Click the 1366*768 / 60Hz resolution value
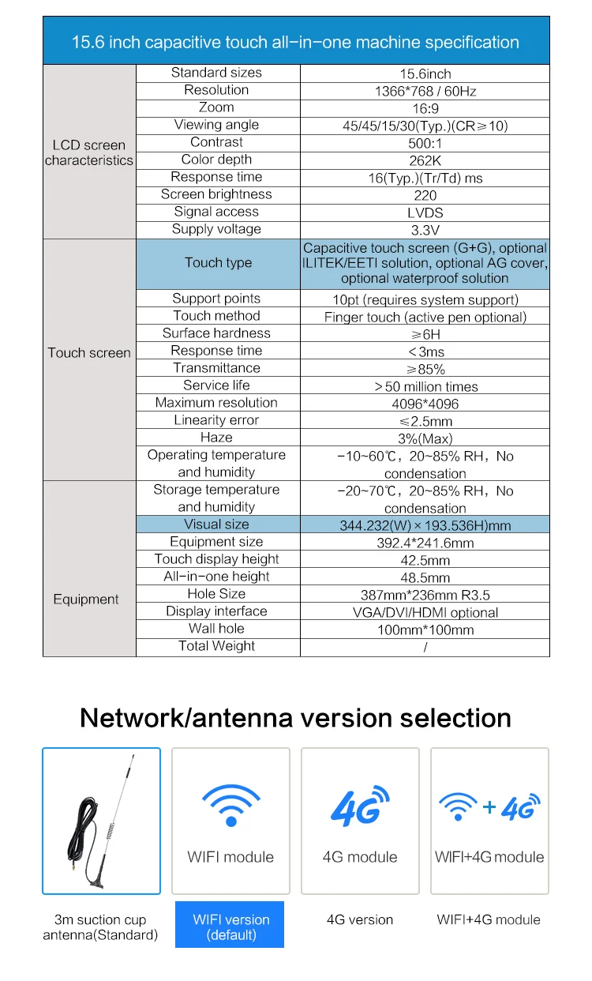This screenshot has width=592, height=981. [425, 91]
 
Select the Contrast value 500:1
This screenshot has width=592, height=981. [425, 143]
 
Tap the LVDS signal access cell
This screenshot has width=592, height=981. [425, 212]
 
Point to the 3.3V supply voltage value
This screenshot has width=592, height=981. [425, 230]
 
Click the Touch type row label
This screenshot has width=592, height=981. [218, 263]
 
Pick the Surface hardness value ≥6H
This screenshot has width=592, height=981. [425, 334]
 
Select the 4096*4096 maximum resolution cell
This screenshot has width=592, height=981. [425, 404]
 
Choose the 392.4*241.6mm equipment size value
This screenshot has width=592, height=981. [425, 543]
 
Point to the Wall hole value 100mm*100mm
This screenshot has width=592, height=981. [425, 630]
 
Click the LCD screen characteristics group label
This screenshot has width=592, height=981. [89, 152]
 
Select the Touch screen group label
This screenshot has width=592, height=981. [89, 353]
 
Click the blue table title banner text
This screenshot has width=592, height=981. [295, 43]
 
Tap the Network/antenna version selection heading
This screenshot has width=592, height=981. [295, 718]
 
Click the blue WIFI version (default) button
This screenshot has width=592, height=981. [230, 926]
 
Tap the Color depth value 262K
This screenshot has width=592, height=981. [425, 160]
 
